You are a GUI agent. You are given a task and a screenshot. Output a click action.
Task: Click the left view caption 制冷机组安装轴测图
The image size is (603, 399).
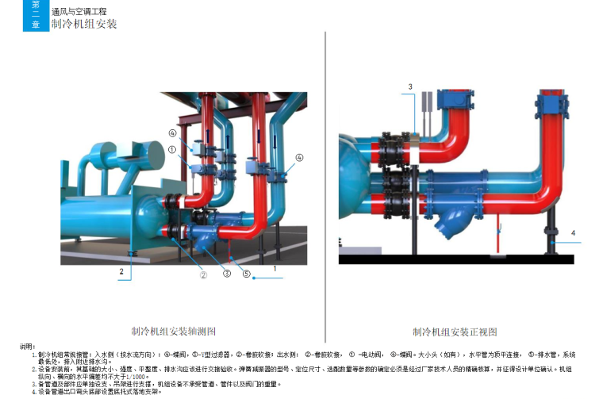click(x=174, y=331)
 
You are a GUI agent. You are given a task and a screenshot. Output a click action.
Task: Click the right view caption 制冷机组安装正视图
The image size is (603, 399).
click(x=455, y=332)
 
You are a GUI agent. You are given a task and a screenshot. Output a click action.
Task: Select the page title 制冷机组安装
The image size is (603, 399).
click(x=84, y=25)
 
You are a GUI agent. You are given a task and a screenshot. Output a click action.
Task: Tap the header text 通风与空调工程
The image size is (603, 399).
click(x=79, y=12)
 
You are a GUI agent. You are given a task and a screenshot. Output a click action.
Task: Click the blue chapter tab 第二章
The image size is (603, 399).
click(x=35, y=16)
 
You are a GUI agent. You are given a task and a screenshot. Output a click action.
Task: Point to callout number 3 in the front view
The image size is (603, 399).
click(x=410, y=86)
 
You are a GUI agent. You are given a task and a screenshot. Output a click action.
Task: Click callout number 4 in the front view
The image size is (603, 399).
click(x=573, y=233)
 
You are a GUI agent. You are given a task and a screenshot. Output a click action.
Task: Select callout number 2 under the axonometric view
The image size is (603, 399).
click(x=121, y=271)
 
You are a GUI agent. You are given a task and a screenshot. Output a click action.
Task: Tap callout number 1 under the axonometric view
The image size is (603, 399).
click(x=275, y=268)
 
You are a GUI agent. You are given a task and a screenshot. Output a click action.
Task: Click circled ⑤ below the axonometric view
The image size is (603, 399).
click(x=247, y=274)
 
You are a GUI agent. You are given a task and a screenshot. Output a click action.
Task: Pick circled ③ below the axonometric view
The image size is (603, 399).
click(x=226, y=274)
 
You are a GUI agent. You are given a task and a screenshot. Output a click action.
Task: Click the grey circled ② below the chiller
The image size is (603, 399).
click(x=203, y=275)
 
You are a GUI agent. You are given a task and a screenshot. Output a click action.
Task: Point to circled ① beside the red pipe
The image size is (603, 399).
click(x=171, y=148)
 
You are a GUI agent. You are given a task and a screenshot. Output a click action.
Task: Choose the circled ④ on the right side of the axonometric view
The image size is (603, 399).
click(x=299, y=158)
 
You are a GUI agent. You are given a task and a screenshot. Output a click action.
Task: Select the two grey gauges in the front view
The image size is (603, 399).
click(x=428, y=103)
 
